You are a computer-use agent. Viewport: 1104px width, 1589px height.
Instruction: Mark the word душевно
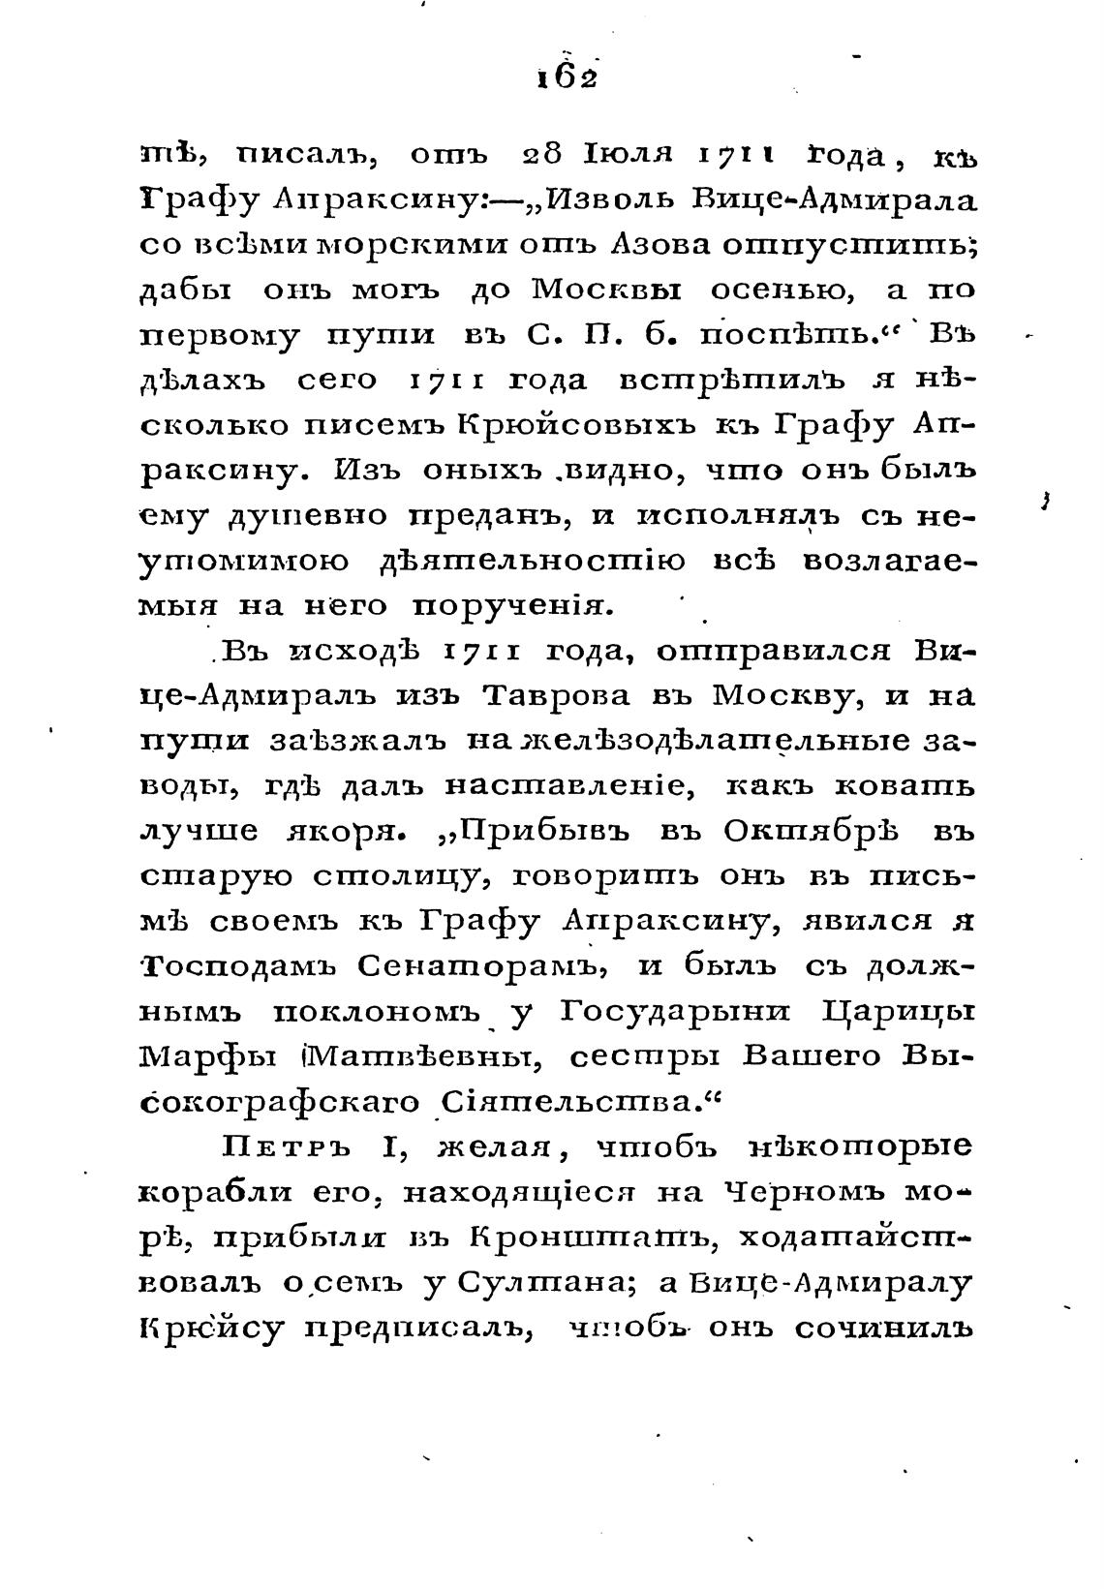click(308, 516)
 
